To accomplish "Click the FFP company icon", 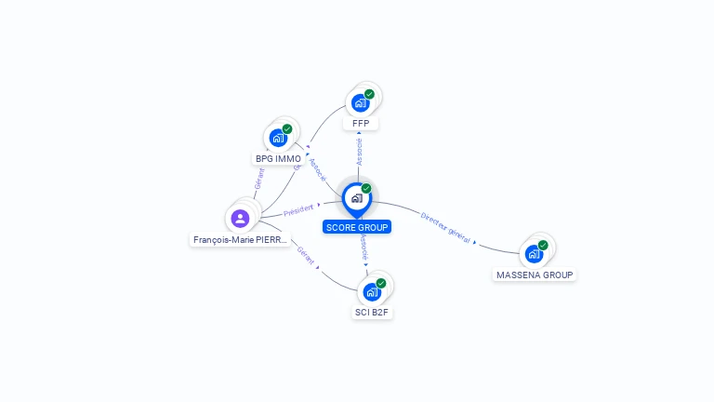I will click(361, 102).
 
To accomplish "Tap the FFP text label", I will click(361, 124).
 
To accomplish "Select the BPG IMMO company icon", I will click(278, 138).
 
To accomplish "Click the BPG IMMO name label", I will click(278, 159).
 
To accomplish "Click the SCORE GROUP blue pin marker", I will click(356, 198).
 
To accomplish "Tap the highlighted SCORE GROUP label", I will click(357, 227).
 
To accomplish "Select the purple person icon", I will click(240, 219).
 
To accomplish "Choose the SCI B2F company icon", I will click(372, 291).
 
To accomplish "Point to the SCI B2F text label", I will click(372, 313).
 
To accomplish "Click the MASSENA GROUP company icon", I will click(534, 253).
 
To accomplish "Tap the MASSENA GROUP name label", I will click(535, 275).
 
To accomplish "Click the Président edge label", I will click(299, 210).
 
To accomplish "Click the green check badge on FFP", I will click(369, 94).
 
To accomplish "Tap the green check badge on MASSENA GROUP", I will click(543, 245).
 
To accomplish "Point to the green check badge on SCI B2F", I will click(381, 283).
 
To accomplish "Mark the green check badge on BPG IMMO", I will click(287, 129).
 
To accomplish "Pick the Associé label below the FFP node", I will click(359, 152).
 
